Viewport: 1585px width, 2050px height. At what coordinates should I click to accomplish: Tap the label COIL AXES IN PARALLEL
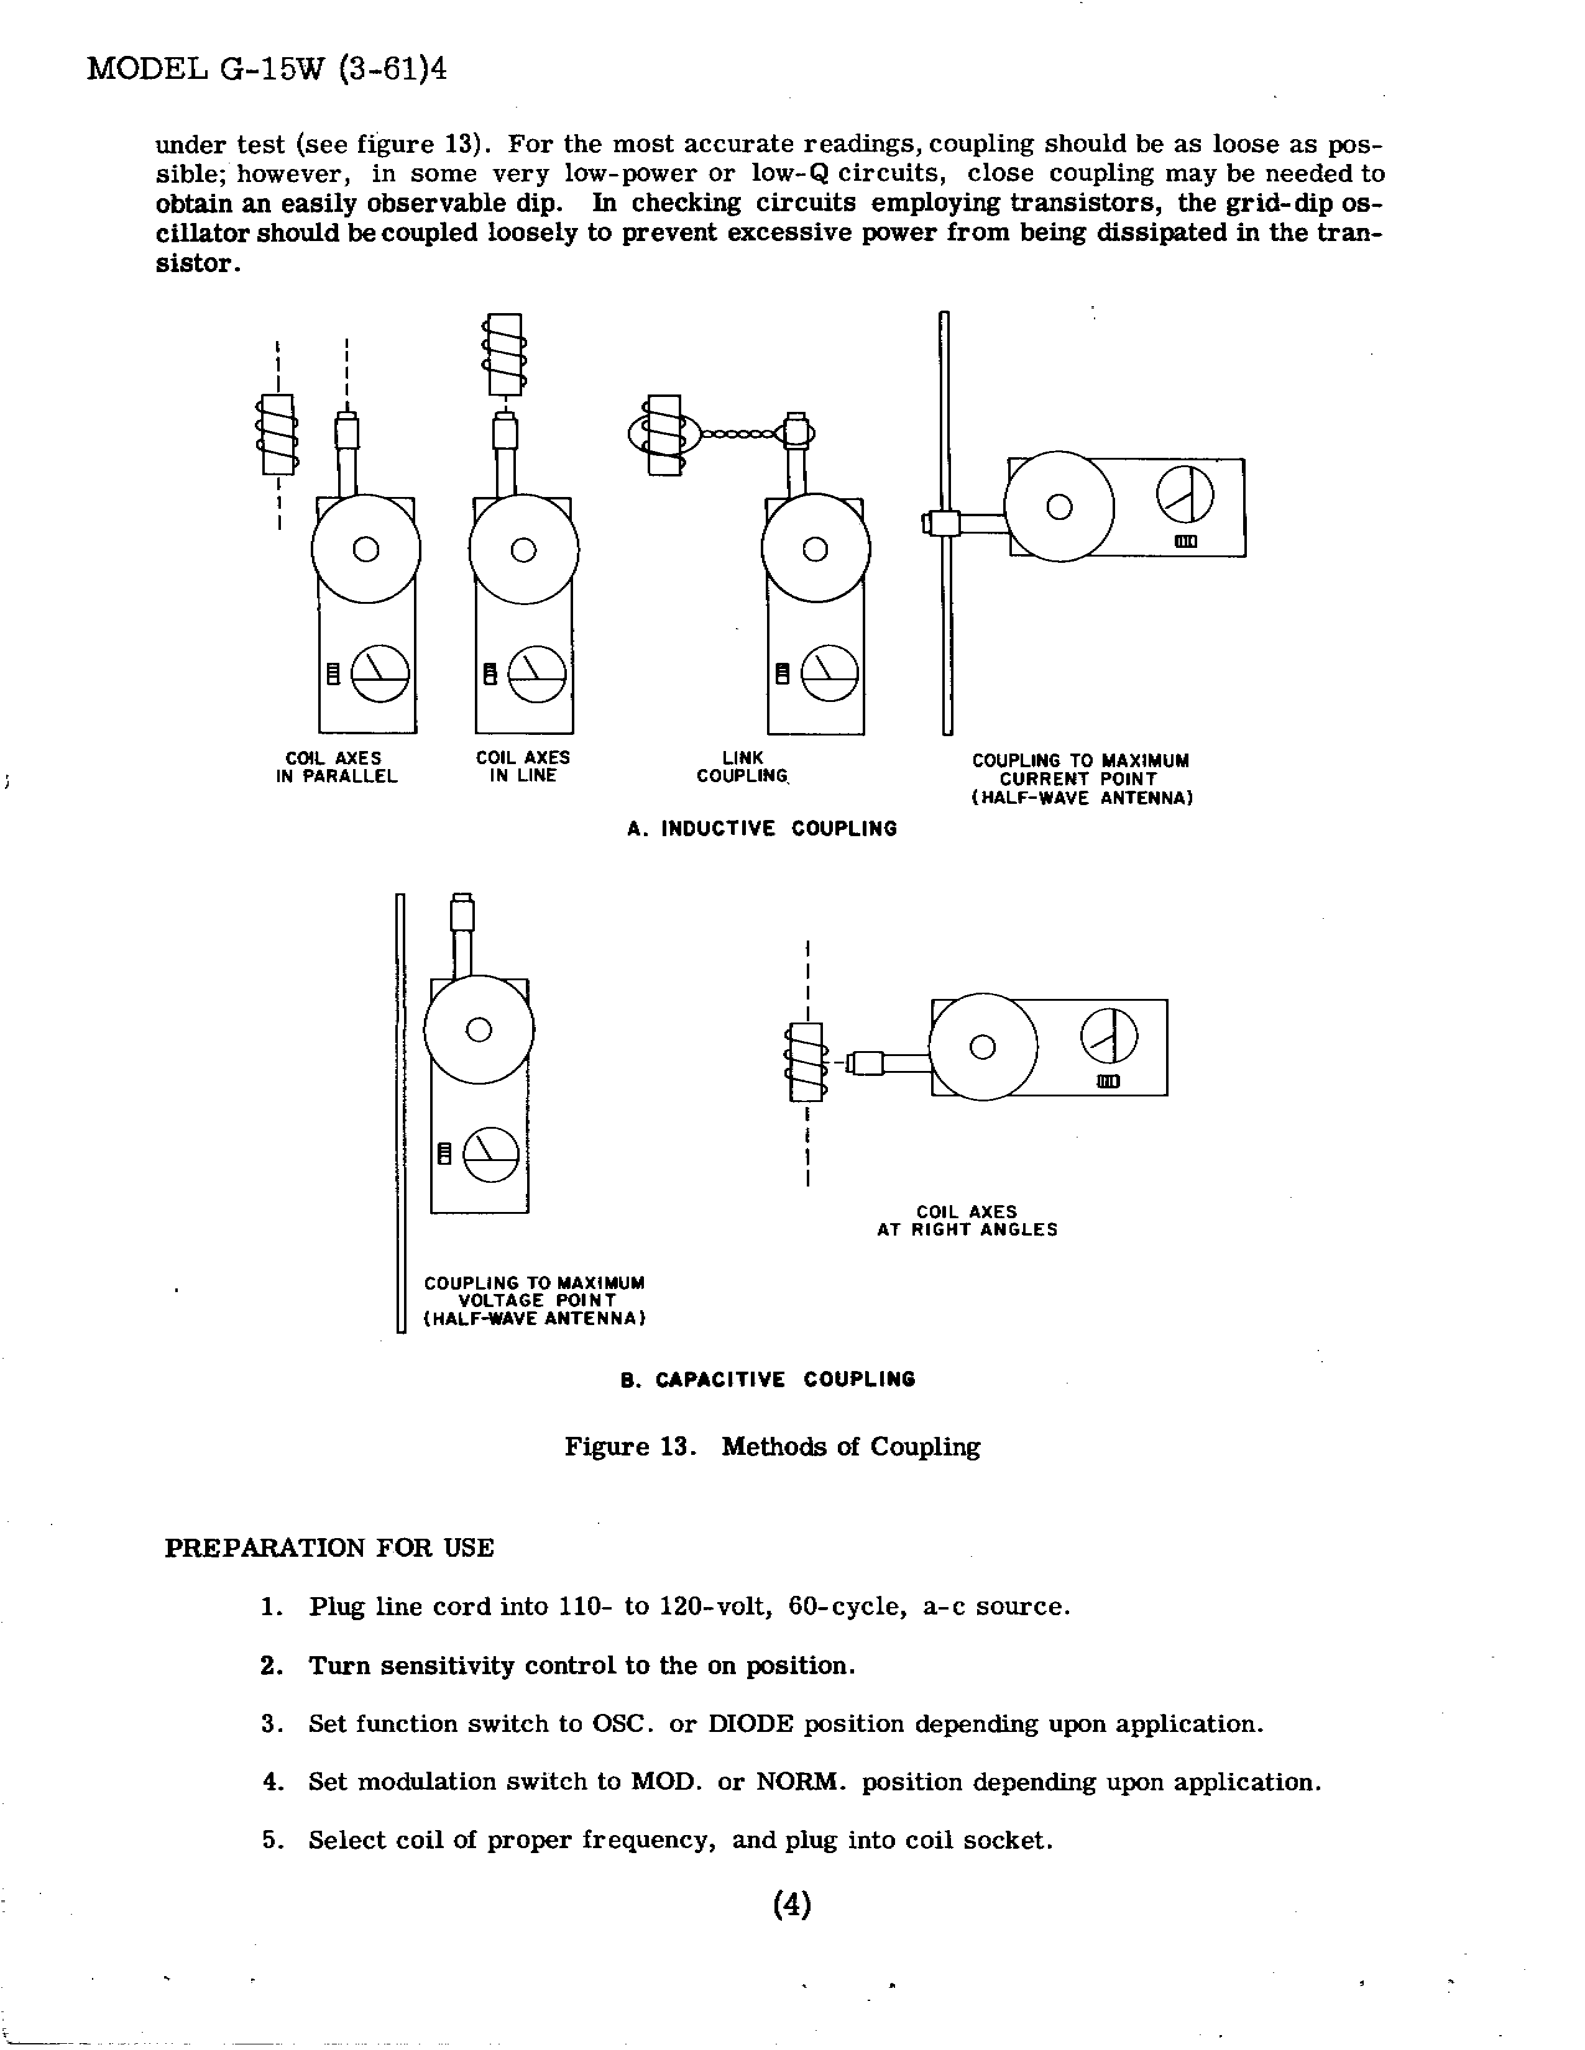[336, 767]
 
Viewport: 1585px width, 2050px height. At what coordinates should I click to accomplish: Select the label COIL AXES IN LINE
[523, 767]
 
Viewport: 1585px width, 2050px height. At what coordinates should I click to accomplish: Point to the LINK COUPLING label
[742, 767]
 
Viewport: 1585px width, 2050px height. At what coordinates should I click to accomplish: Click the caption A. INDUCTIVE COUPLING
[761, 829]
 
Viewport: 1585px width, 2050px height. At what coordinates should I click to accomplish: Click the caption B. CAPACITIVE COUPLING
[767, 1379]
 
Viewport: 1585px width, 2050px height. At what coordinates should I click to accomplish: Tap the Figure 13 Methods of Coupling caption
[772, 1446]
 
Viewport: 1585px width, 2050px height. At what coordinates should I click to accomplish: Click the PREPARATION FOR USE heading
[329, 1548]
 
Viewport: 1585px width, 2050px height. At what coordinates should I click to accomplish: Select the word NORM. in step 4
[802, 1782]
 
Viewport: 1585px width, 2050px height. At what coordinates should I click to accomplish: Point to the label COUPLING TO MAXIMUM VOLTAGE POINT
[535, 1300]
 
